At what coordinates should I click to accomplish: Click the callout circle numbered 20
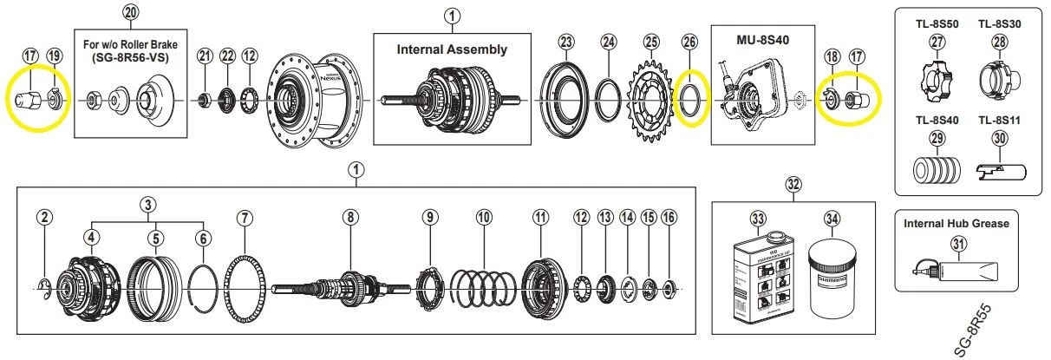[x=130, y=12]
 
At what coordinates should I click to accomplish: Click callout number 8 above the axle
[x=349, y=217]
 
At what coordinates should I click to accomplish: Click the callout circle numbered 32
[x=793, y=183]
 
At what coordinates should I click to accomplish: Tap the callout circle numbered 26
[x=689, y=41]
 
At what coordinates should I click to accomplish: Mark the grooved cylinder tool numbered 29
[x=934, y=168]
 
